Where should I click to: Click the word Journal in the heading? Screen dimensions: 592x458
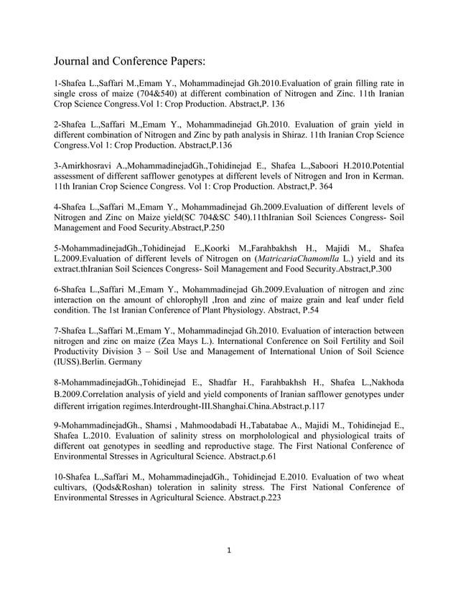[x=78, y=62]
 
